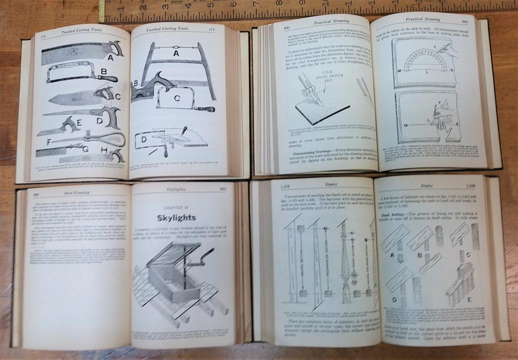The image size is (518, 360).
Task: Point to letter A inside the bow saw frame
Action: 176,53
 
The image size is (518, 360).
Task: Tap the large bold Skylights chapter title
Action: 176,218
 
